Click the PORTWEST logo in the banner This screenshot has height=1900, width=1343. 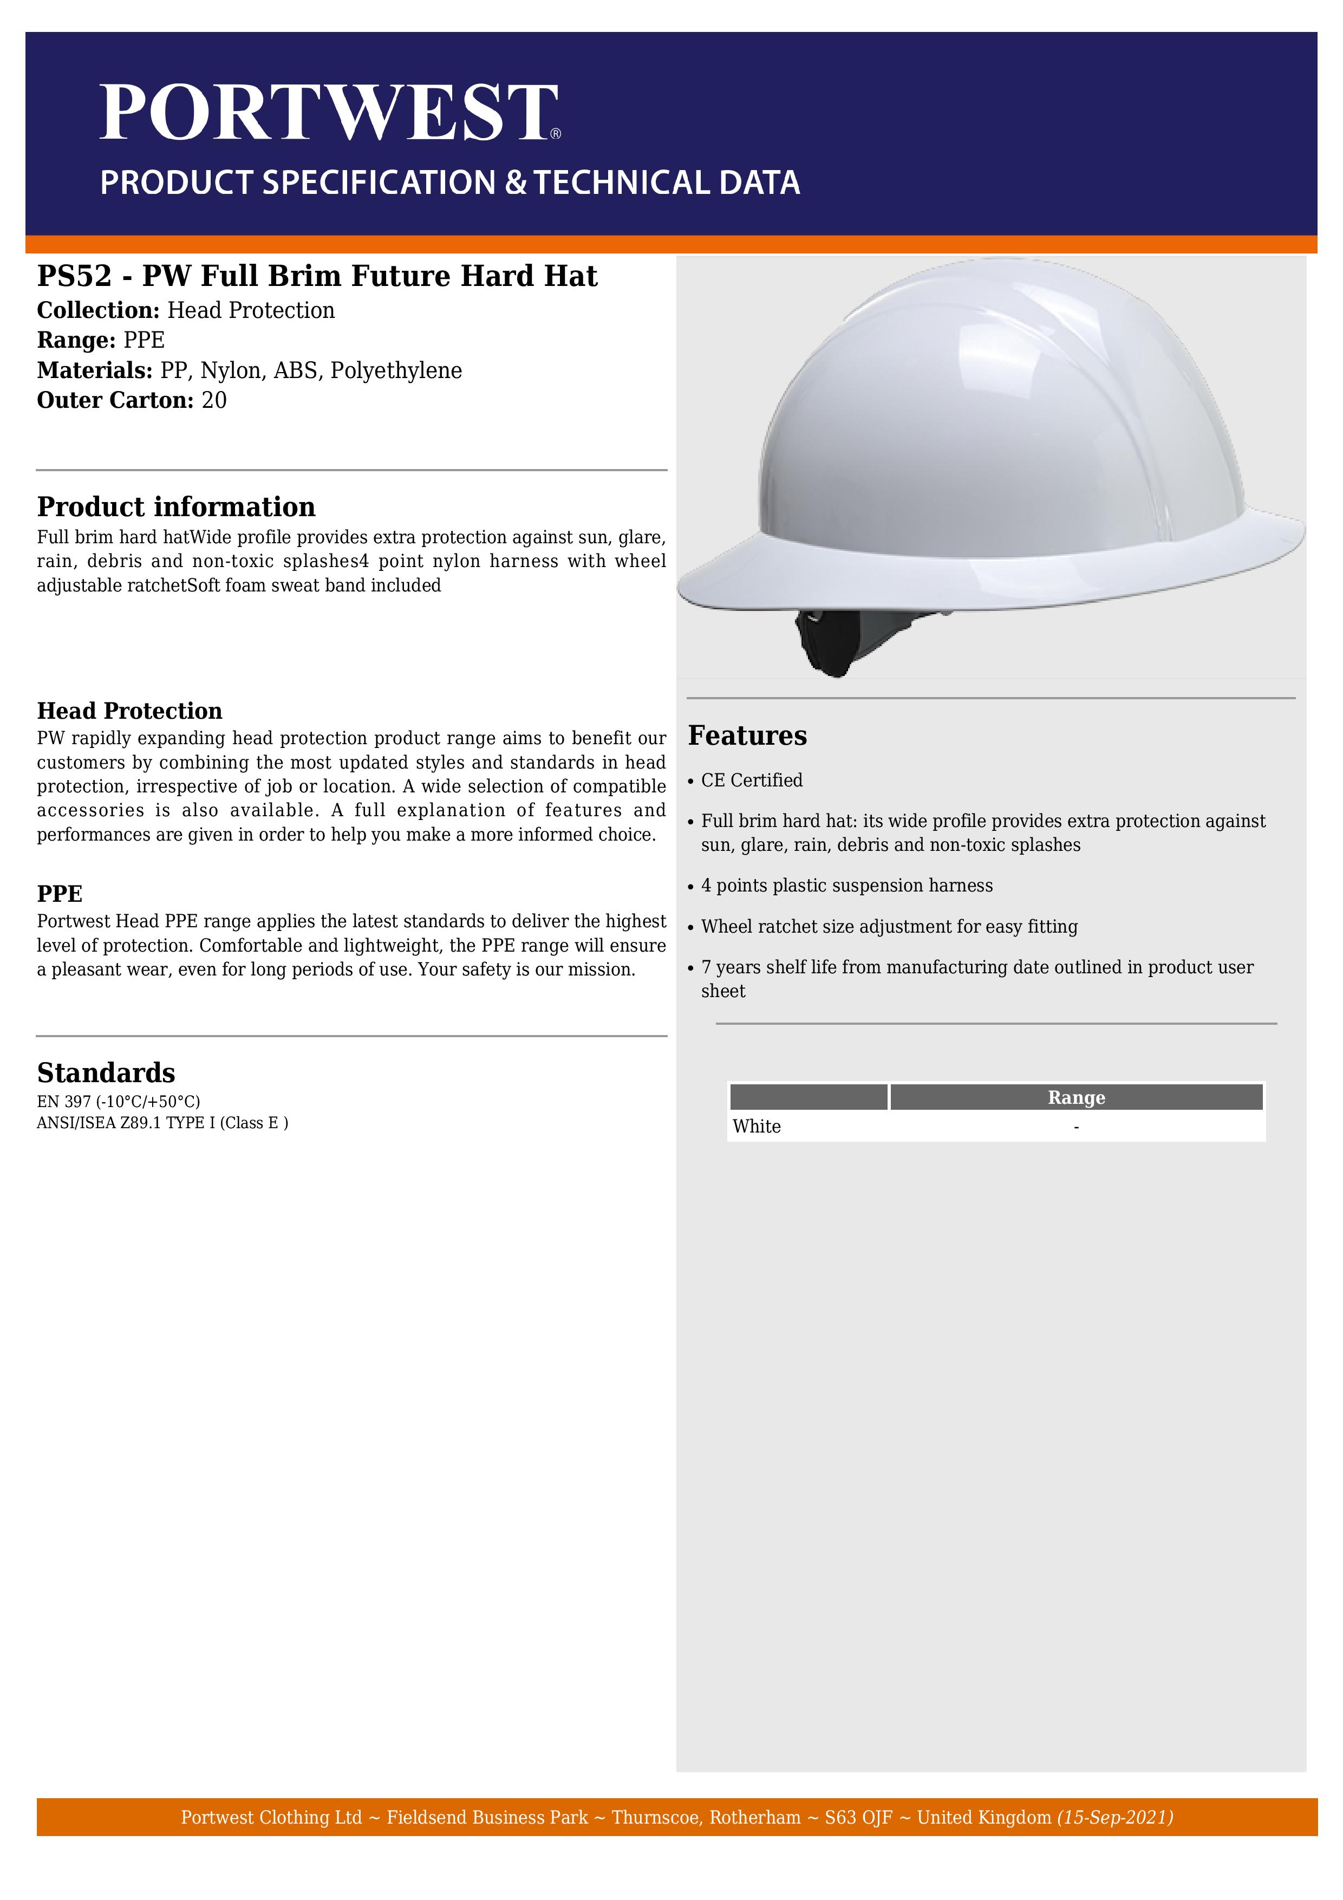tap(329, 113)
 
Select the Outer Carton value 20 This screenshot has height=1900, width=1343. tap(214, 400)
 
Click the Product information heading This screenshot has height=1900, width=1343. tap(176, 506)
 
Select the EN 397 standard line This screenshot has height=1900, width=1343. tap(119, 1102)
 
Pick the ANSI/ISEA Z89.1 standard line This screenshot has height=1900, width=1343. tap(162, 1123)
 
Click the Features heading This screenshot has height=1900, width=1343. tap(747, 736)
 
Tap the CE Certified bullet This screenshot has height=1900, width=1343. tap(751, 780)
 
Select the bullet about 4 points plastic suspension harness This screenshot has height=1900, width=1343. tap(846, 886)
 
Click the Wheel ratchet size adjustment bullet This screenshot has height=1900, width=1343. tap(889, 927)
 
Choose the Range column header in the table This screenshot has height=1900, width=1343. tap(1075, 1097)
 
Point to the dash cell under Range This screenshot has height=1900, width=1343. tap(1075, 1127)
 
